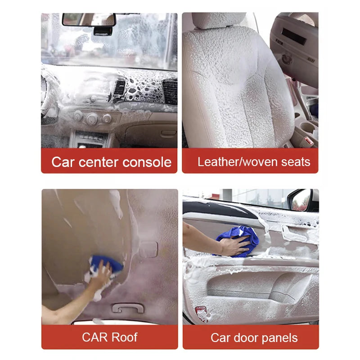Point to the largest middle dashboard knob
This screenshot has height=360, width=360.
(x=92, y=118)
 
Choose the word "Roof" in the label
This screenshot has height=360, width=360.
(x=123, y=337)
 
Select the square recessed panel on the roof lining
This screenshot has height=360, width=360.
(x=148, y=248)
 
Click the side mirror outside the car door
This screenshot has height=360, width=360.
(x=302, y=200)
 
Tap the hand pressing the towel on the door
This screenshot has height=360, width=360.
(x=234, y=247)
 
